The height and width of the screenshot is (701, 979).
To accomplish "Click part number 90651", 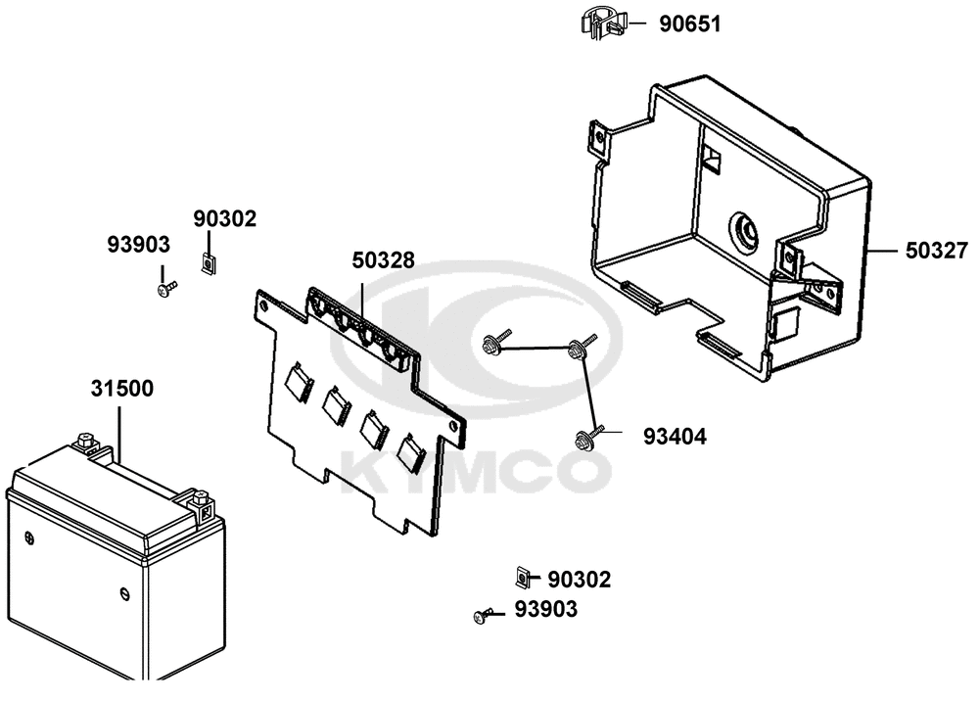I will click(x=690, y=24).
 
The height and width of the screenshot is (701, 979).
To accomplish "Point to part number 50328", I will click(x=384, y=261).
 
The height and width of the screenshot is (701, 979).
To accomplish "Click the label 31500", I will click(x=121, y=389).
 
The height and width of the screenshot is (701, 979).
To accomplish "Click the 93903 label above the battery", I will click(x=139, y=245).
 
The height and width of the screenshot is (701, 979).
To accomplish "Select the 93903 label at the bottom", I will click(x=545, y=610).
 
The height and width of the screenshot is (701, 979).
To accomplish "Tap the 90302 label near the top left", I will click(x=224, y=219).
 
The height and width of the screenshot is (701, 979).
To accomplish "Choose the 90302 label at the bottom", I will click(x=580, y=580).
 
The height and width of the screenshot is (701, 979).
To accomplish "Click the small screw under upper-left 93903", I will click(x=165, y=290).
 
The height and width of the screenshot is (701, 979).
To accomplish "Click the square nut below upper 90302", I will click(x=208, y=264).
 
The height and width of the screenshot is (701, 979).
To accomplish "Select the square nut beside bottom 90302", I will click(x=522, y=578).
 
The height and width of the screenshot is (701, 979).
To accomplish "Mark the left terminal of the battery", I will click(x=86, y=443).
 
